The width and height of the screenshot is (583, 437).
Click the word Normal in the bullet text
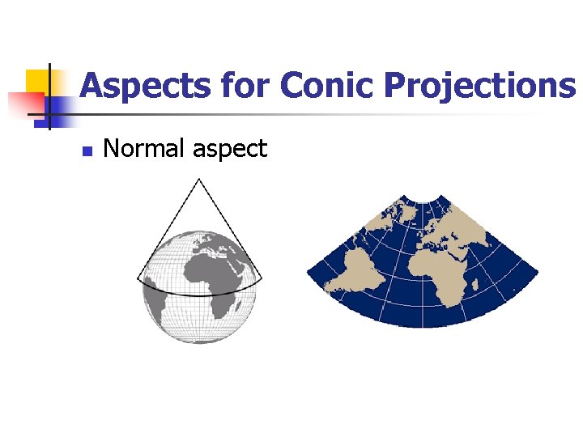point(143,148)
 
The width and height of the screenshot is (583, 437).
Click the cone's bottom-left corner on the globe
point(138,279)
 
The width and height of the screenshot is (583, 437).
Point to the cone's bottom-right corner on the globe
point(261,283)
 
